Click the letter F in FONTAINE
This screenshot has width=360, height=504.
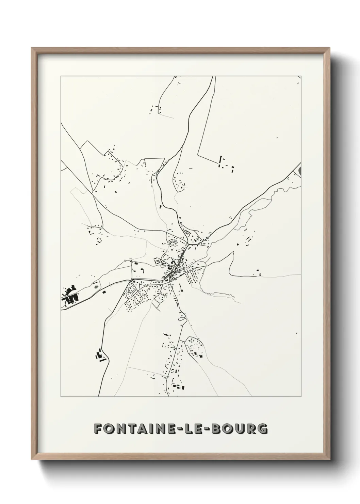[98, 429]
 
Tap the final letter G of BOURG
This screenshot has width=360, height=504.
[262, 429]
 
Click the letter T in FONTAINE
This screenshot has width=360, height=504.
[130, 429]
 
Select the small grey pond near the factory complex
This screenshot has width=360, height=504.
[97, 287]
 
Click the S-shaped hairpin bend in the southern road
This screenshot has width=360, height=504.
[182, 319]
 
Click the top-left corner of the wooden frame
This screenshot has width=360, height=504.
[32, 48]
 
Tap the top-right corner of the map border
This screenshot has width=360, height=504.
[301, 76]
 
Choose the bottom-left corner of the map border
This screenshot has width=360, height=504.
[61, 397]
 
